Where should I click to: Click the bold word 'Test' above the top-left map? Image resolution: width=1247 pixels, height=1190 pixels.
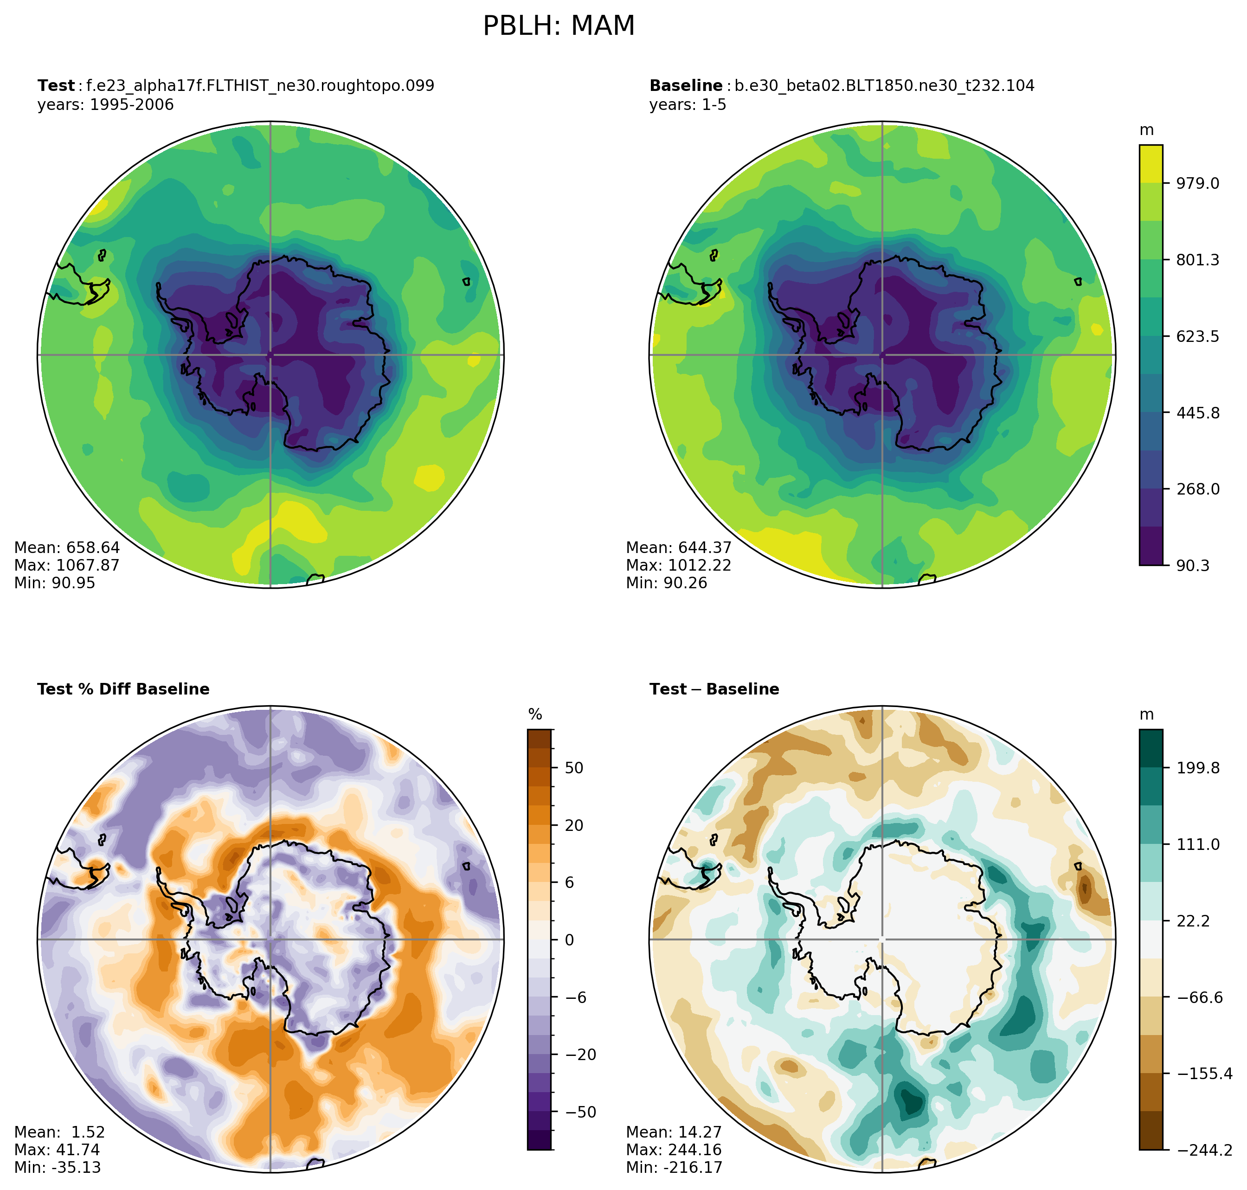coord(56,86)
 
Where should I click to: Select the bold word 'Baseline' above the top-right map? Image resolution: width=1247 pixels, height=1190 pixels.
coord(686,86)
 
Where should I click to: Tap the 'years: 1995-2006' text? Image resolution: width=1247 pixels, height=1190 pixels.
coord(105,105)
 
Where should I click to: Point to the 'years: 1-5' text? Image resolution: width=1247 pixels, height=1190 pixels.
coord(688,105)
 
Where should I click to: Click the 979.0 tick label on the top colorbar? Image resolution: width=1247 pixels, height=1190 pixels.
coord(1197,183)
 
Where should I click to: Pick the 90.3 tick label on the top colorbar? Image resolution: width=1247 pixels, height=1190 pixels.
coord(1193,565)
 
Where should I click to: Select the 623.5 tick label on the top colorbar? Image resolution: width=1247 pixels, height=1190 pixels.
coord(1197,336)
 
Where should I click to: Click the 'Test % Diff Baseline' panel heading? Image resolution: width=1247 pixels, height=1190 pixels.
coord(123,689)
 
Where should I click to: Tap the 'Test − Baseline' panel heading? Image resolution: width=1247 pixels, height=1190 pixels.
coord(714,689)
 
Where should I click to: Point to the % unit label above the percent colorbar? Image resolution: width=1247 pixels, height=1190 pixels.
coord(535,715)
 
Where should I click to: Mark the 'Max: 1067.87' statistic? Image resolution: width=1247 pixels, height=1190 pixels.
coord(67,565)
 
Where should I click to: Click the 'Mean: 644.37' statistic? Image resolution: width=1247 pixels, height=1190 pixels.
coord(679,547)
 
